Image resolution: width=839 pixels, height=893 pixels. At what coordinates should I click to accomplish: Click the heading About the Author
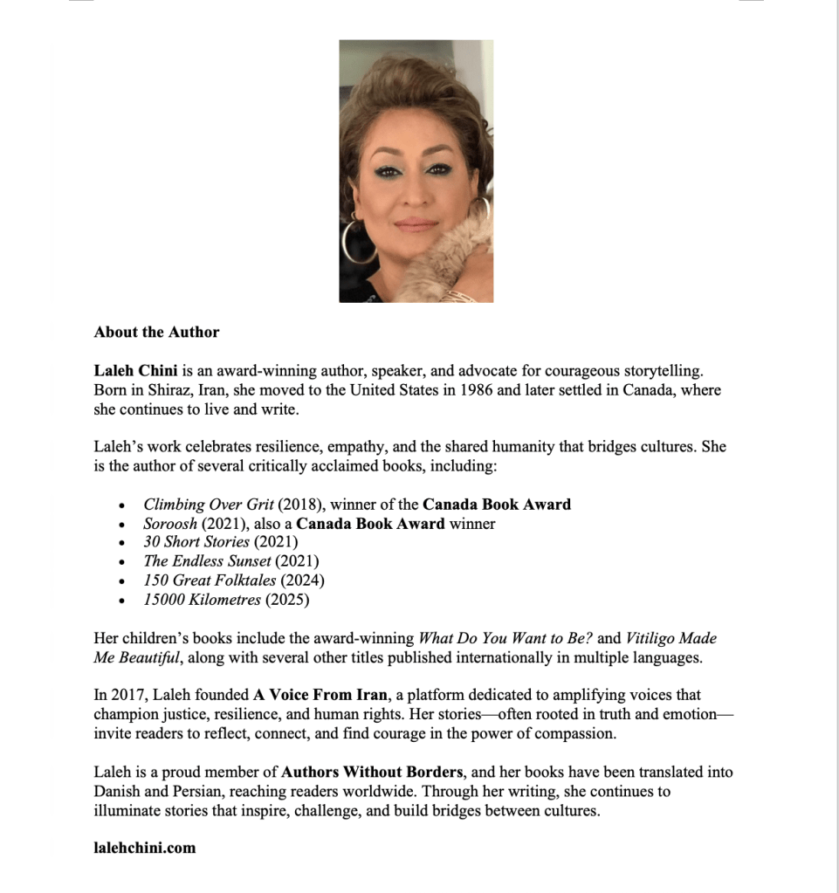coord(156,332)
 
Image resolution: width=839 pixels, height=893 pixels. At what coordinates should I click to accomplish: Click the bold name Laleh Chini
coord(135,370)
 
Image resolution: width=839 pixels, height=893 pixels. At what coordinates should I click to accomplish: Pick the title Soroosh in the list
coord(170,524)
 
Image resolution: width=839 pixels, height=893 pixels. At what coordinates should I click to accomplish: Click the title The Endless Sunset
coord(207,561)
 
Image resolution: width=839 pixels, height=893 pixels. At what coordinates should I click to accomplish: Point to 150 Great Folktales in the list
coord(210,580)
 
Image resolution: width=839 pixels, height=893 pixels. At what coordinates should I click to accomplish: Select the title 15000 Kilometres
coord(202,600)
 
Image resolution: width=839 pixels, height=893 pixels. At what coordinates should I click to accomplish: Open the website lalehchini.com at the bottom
coord(145,848)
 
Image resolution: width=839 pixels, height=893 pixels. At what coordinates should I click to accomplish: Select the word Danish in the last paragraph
coord(116,792)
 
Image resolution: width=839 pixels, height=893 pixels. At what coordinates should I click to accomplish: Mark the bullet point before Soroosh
coord(122,525)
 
